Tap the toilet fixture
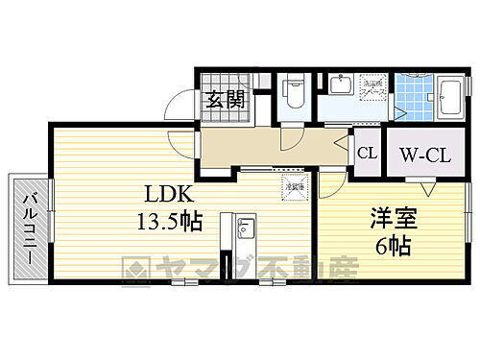(294, 95)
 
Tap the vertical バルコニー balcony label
(27, 231)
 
